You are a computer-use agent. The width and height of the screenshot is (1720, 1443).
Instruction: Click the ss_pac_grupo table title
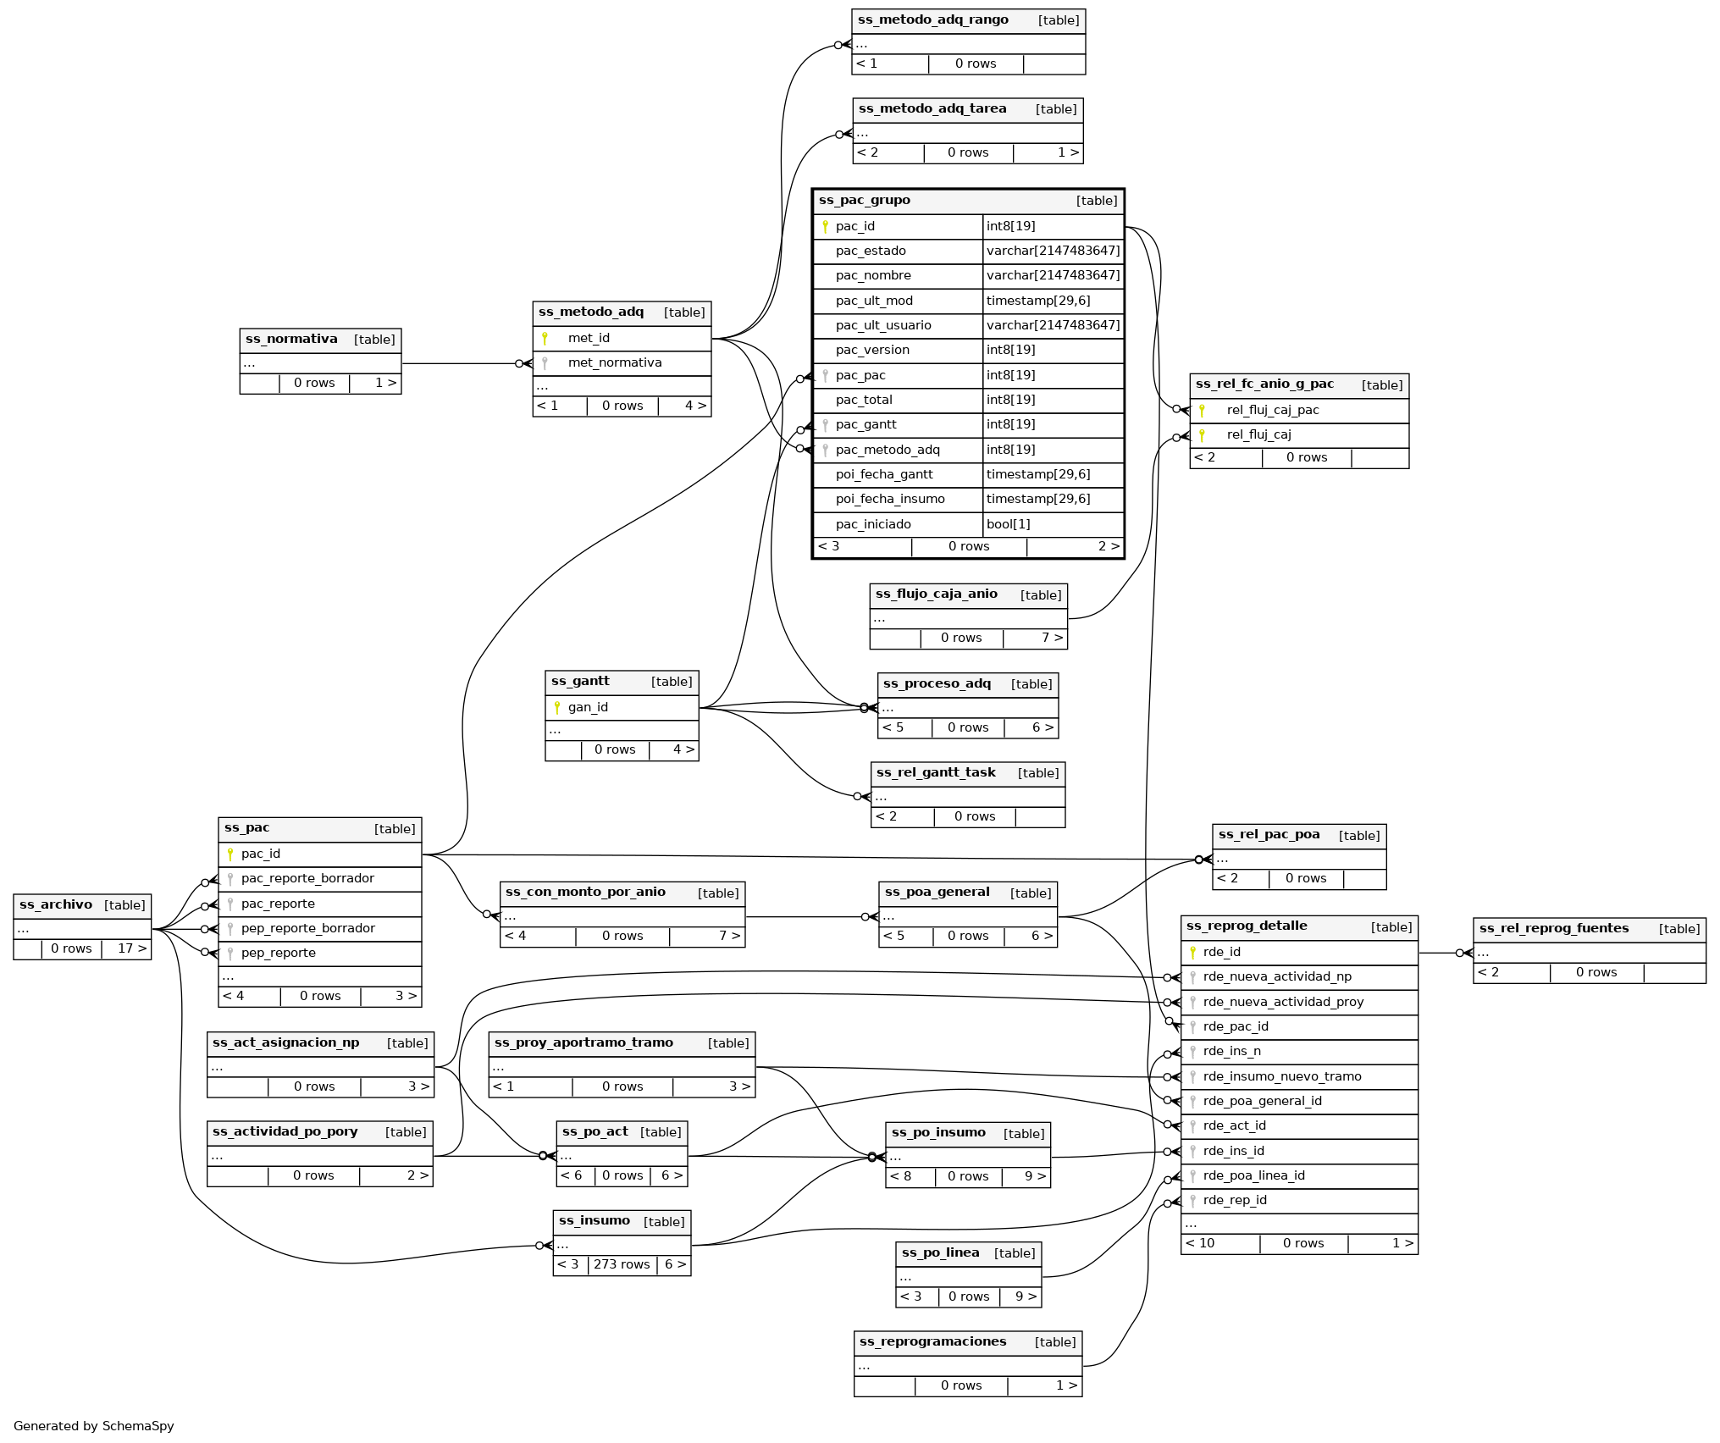pos(865,201)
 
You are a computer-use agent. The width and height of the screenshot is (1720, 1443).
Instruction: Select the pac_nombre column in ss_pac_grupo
pos(873,276)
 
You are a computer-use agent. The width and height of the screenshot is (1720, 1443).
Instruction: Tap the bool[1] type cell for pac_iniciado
pos(1008,524)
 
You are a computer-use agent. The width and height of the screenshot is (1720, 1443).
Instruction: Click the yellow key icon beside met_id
pos(545,339)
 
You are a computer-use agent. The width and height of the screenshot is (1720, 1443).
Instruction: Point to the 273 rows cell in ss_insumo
pos(622,1264)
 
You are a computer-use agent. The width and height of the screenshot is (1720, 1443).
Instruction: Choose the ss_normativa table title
pos(291,340)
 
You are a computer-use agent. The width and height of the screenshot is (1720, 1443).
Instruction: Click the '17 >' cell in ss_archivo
pos(131,948)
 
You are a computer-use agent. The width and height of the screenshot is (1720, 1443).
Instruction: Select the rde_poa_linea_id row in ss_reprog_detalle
pos(1253,1175)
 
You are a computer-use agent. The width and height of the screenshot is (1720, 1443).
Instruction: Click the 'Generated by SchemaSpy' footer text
pos(94,1426)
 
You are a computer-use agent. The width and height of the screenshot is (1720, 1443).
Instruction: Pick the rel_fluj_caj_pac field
pos(1272,411)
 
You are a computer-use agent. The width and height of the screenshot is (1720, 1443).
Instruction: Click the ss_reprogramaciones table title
pos(932,1341)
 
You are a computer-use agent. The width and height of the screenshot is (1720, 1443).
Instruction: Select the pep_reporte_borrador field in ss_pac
pos(307,928)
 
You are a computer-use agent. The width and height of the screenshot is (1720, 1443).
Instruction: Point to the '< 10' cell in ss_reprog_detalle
pos(1200,1243)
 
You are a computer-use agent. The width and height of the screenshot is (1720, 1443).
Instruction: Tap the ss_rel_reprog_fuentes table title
pos(1553,928)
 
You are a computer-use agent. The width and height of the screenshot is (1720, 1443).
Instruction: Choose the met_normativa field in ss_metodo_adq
pos(615,363)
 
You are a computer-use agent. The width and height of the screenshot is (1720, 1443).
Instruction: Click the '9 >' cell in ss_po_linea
pos(1026,1296)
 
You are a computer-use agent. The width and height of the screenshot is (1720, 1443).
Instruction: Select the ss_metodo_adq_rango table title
pos(932,20)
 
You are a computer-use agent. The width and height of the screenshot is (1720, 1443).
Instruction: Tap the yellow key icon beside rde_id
pos(1192,953)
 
